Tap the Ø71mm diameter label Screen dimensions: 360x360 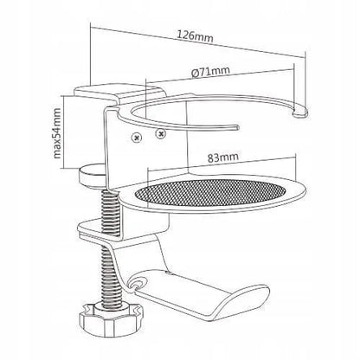click(x=211, y=71)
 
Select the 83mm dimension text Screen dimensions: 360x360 click(x=223, y=157)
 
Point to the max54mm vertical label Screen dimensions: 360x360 click(x=57, y=133)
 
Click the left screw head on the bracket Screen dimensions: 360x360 click(x=137, y=138)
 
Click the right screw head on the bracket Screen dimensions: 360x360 click(x=160, y=133)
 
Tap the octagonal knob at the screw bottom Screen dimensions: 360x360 click(x=111, y=318)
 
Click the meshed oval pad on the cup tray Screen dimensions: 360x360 click(x=210, y=192)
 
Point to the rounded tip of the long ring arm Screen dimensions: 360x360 click(x=300, y=112)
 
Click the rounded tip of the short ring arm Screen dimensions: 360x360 click(x=235, y=127)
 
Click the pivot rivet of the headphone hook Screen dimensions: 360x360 click(x=138, y=283)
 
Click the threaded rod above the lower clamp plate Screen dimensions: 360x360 click(x=110, y=213)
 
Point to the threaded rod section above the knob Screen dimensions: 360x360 click(x=110, y=275)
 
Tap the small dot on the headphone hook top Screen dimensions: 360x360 click(x=168, y=272)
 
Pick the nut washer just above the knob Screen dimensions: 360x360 click(x=110, y=305)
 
